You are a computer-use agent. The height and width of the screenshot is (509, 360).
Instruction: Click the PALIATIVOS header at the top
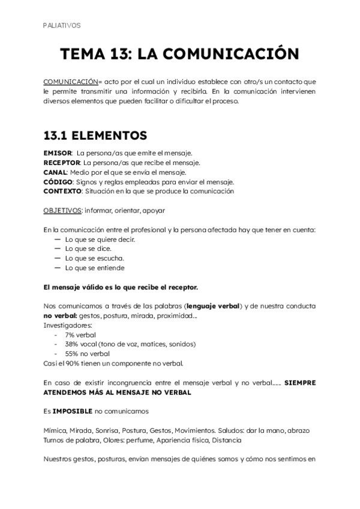tap(62, 25)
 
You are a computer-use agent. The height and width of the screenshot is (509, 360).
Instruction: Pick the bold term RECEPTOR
tap(62, 163)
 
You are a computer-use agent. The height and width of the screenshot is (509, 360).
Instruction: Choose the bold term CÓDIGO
tap(58, 182)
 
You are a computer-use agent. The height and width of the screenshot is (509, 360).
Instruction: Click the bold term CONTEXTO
tap(62, 191)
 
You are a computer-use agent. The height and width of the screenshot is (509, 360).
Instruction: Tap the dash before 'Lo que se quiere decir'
tap(58, 239)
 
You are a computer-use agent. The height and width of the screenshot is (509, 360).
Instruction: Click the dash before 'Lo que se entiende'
tap(58, 268)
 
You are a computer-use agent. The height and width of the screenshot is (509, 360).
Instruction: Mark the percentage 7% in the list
tap(71, 334)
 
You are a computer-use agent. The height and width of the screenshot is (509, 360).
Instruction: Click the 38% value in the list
tap(73, 344)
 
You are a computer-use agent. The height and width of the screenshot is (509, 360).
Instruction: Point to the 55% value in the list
tap(73, 354)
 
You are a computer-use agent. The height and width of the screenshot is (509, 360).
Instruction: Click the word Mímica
tap(56, 430)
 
